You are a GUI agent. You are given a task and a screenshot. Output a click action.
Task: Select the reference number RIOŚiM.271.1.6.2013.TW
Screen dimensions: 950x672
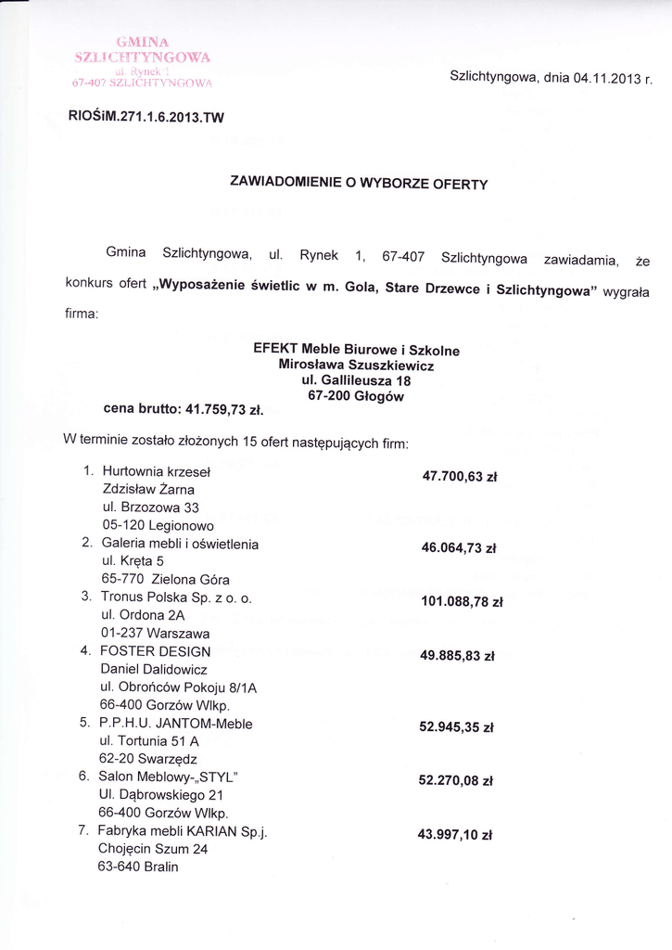point(146,118)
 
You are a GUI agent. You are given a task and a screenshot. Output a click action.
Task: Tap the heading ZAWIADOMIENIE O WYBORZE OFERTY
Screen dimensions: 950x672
point(358,183)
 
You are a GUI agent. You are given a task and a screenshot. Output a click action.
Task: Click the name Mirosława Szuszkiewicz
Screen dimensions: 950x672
point(356,366)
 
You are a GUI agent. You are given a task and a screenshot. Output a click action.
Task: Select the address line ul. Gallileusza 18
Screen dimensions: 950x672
point(356,380)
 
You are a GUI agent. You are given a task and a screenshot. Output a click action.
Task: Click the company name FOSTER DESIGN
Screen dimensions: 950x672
point(155,651)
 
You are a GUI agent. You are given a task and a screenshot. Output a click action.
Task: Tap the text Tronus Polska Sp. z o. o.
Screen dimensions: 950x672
point(175,598)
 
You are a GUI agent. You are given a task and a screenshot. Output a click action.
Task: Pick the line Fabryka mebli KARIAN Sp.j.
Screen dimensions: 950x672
point(183,830)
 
